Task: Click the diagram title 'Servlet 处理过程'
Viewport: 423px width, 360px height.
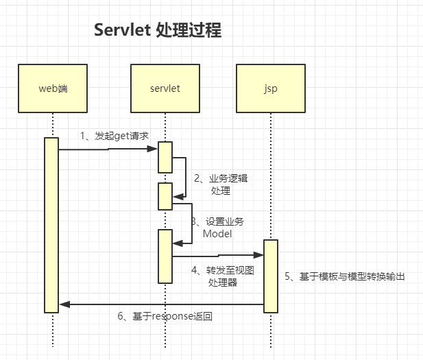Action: [x=158, y=29]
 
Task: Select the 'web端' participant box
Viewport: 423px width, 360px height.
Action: [x=53, y=88]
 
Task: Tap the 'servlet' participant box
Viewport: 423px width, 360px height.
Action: [x=165, y=88]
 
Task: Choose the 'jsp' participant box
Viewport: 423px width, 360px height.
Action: [x=271, y=88]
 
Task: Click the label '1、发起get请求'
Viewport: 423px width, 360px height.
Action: [x=114, y=136]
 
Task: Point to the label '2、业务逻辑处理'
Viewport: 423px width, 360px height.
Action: [x=221, y=184]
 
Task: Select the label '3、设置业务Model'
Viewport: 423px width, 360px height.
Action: [x=217, y=228]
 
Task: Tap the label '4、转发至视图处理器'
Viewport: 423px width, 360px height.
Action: [x=223, y=276]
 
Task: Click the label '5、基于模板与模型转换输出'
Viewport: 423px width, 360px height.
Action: [x=345, y=276]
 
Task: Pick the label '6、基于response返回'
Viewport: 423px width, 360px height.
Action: [x=165, y=316]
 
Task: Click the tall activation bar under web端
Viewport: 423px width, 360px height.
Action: [x=51, y=225]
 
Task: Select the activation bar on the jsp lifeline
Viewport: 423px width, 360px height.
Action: [x=271, y=276]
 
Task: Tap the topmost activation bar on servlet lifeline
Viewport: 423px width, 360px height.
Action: [x=165, y=157]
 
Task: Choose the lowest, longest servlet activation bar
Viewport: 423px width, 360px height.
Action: [x=165, y=256]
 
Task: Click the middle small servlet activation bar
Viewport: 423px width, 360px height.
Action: [x=165, y=196]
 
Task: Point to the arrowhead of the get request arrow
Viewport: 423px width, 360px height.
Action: [x=152, y=149]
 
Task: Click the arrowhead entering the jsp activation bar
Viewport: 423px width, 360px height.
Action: [x=258, y=255]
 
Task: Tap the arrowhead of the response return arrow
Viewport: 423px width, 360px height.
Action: [x=64, y=304]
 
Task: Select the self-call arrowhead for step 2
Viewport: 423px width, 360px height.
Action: [x=178, y=197]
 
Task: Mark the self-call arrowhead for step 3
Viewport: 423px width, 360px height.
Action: [x=178, y=243]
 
